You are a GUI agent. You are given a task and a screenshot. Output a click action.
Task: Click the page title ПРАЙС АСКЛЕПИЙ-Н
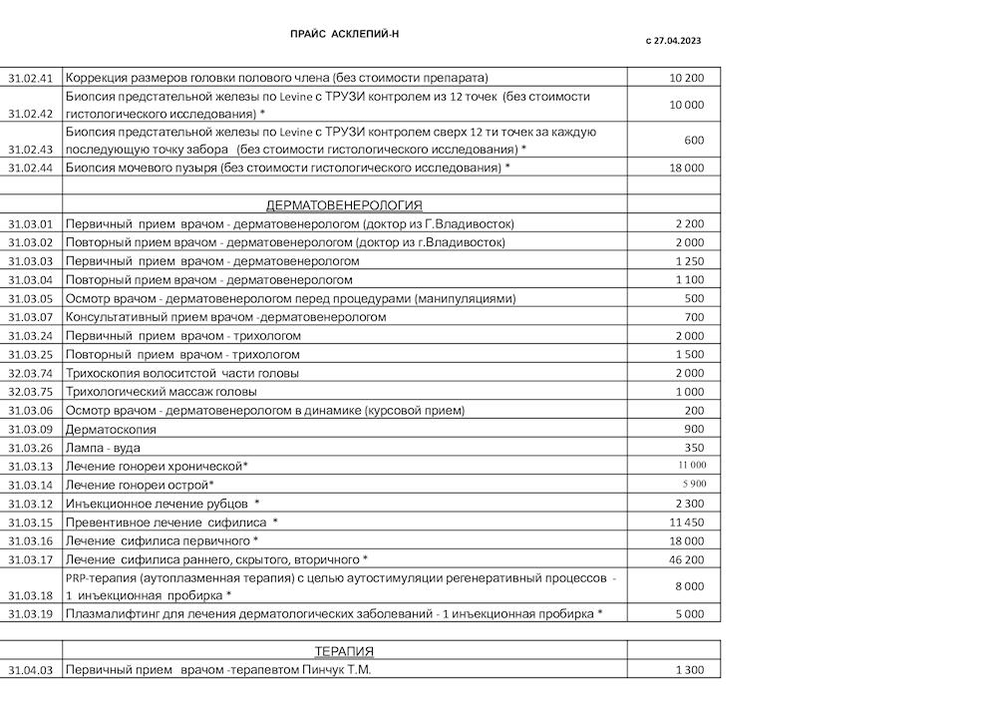click(344, 34)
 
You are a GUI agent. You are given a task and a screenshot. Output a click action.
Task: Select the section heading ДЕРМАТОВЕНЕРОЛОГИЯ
click(344, 205)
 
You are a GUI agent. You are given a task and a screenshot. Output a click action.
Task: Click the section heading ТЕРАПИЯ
click(344, 651)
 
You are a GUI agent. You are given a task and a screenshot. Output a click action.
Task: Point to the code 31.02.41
click(30, 78)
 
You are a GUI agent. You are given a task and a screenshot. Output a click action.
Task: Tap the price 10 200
click(687, 78)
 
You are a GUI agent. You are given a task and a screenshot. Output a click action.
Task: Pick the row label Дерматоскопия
click(111, 430)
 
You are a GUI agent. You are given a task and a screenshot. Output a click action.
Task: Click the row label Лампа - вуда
click(105, 448)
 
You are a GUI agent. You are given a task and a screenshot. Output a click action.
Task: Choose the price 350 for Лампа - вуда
click(694, 448)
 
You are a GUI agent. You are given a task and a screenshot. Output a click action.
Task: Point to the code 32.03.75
click(30, 392)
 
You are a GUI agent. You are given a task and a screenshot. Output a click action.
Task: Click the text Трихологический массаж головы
click(161, 392)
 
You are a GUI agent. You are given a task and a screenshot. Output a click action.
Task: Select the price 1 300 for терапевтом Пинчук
click(689, 670)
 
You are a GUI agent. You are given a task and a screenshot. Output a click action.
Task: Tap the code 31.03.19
click(30, 614)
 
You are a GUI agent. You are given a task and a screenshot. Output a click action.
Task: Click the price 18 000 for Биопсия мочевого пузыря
click(686, 169)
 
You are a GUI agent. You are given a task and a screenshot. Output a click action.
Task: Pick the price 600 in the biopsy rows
click(694, 141)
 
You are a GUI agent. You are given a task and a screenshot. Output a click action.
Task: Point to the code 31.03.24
click(30, 336)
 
